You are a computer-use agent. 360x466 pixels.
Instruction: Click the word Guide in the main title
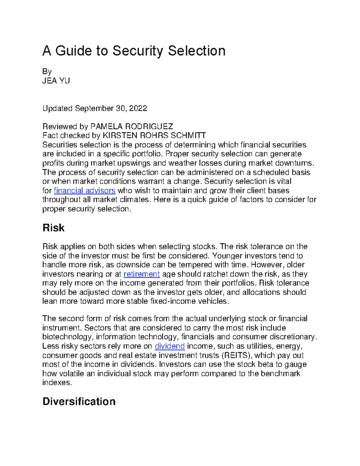(73, 51)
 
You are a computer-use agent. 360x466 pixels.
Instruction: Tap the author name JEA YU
(56, 81)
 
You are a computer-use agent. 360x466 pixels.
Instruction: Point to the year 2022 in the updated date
(138, 108)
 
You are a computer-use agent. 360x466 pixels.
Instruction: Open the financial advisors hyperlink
(84, 191)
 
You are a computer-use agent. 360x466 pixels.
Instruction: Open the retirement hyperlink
(142, 274)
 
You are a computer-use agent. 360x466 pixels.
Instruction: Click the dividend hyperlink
(169, 346)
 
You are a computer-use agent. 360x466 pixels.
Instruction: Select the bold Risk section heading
(53, 228)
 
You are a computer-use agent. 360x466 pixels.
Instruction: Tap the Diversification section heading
(79, 401)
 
